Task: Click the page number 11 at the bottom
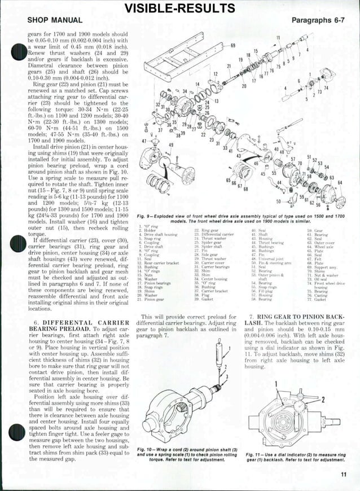[344, 474]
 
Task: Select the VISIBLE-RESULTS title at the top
[179, 7]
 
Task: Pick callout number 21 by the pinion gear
[230, 67]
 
